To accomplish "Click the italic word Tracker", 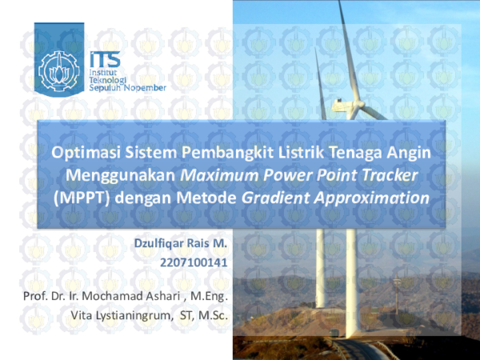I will tap(394, 174).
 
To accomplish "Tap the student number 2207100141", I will tap(194, 260).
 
